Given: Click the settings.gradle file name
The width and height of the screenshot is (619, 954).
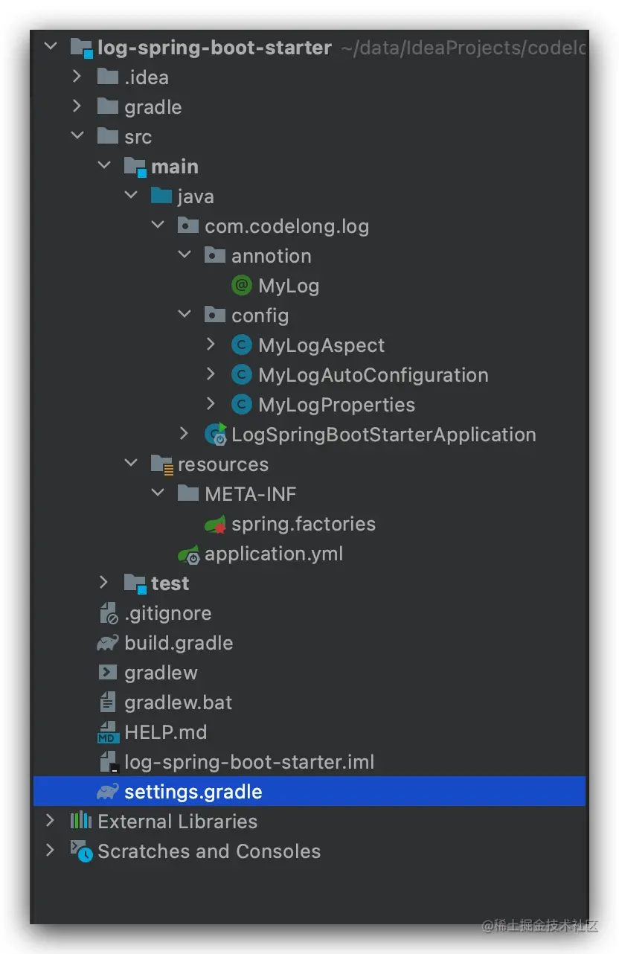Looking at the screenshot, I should coord(193,792).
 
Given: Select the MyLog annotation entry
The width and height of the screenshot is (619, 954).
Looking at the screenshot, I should coord(289,286).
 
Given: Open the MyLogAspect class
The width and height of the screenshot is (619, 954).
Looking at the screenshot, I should coord(321,345).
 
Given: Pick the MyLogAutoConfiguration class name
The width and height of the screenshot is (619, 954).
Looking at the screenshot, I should coord(373,375).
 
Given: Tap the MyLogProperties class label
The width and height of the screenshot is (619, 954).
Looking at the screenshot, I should coord(336,405).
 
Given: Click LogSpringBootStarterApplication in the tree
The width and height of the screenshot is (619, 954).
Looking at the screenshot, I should coord(383,435).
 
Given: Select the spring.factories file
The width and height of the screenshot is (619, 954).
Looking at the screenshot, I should coord(303,524).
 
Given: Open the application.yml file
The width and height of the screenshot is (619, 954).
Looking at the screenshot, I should coord(274,554).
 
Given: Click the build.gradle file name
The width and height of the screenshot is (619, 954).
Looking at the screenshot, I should coord(179,643).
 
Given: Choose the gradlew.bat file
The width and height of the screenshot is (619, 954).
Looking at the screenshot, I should coord(178,702).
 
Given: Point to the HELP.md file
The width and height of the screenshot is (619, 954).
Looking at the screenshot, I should coord(165,732).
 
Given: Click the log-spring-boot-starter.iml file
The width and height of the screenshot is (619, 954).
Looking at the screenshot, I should coord(249,762).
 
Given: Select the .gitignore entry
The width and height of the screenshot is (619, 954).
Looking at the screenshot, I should coord(167,613).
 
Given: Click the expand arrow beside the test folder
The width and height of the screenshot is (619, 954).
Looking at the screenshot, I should coord(104,583).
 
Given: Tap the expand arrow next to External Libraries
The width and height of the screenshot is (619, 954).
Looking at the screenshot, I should coord(50,821).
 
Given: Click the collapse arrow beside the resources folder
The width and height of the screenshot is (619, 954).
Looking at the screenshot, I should coord(131,464).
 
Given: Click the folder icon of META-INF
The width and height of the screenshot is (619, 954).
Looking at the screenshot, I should coord(188,494).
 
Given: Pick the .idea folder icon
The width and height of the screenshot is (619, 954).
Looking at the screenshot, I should coord(108,77).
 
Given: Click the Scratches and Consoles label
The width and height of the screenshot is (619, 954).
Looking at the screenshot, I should coord(209,851).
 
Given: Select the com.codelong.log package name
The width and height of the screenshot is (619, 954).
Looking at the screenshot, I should coord(286,226).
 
